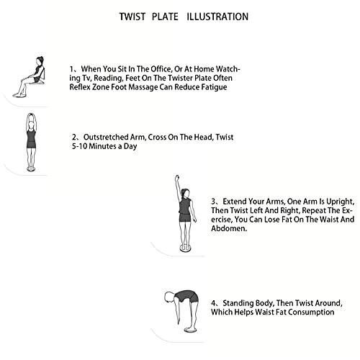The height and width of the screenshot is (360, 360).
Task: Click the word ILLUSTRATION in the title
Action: tap(217, 17)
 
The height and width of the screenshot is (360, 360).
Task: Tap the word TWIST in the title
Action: tap(132, 17)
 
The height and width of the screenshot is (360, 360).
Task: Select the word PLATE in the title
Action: tap(165, 17)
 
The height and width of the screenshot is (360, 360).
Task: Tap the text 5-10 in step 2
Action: tap(79, 146)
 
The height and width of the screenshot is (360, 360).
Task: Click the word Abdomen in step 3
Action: tap(229, 228)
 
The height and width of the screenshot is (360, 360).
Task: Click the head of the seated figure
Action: tap(40, 60)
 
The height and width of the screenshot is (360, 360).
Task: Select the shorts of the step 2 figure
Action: tap(31, 145)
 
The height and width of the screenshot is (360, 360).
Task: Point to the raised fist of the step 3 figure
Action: tap(177, 178)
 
